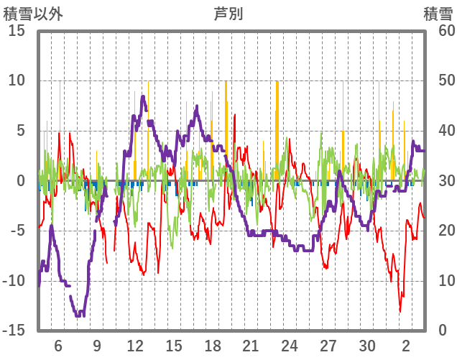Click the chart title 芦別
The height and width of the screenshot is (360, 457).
point(228,14)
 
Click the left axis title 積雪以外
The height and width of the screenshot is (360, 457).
point(33,14)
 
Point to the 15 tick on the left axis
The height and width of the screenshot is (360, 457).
point(17,31)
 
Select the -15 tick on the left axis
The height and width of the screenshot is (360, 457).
point(14,331)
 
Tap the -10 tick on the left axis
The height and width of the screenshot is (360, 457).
point(14,281)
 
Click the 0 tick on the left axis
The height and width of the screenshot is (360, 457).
point(21,181)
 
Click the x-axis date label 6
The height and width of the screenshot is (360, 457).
point(58,346)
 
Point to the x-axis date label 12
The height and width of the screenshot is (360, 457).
point(135,346)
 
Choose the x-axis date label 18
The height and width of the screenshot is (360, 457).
point(212,346)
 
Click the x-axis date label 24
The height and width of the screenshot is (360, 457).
point(290,346)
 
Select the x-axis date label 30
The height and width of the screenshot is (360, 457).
point(367,346)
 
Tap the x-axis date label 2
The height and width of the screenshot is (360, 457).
point(406,346)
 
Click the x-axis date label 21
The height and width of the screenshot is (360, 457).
point(251,346)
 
